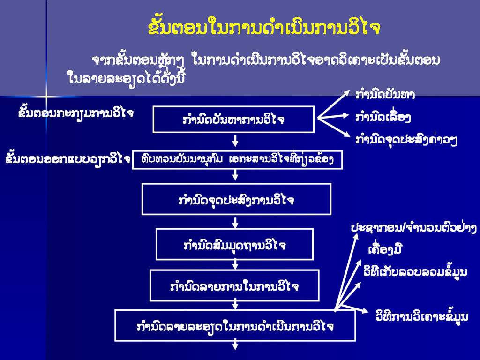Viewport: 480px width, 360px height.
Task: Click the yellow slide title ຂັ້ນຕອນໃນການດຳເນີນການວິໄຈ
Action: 263,28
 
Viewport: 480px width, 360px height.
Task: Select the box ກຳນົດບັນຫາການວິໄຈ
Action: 233,120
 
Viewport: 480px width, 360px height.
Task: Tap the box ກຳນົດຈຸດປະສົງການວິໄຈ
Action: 236,199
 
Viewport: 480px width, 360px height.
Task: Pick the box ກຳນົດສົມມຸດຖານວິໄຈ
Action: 234,244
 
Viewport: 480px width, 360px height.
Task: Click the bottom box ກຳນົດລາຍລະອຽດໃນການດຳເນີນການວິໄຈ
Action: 235,325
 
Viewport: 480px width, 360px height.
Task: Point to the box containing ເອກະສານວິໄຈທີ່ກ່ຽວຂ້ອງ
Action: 237,159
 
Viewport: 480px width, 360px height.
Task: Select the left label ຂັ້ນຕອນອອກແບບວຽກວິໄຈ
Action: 67,158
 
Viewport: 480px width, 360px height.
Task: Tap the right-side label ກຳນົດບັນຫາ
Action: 385,95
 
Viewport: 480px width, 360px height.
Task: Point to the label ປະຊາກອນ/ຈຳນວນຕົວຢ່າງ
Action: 414,228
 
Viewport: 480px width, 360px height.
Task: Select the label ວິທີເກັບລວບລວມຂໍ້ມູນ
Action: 415,271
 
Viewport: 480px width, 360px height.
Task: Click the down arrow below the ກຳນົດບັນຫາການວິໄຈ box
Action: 235,140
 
